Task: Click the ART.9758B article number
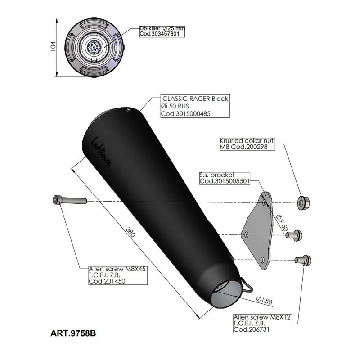click(x=73, y=333)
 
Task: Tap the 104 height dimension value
click(x=53, y=46)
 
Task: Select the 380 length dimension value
click(x=130, y=232)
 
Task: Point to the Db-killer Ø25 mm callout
click(x=162, y=31)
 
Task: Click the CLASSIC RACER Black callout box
click(x=195, y=106)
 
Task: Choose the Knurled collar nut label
click(x=247, y=144)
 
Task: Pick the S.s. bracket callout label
click(x=224, y=178)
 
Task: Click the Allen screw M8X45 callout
click(x=118, y=275)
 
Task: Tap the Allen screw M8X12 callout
click(x=263, y=324)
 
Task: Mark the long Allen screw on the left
click(x=70, y=200)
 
